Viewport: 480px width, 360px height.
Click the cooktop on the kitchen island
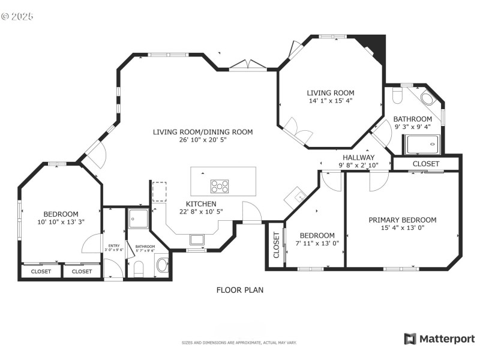pos(219,186)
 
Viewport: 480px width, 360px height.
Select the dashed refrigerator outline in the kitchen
pos(159,191)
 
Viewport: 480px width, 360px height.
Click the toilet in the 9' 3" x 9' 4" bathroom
pos(396,96)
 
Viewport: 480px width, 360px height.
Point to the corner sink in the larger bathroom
pos(428,98)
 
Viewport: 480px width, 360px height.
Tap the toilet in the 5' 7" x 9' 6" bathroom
pos(139,269)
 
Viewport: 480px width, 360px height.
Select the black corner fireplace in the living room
pos(376,45)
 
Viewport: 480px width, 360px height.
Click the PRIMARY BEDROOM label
pos(402,220)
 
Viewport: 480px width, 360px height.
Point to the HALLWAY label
pos(358,158)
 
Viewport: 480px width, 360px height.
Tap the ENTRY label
pos(114,246)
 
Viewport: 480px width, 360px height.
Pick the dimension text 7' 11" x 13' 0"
pos(317,244)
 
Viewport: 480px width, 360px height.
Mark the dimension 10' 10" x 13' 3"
pos(61,223)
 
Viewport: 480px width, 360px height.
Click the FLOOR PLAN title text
pos(239,290)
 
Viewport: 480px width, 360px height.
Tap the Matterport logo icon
pos(410,339)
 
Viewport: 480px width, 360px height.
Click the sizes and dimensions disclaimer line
pos(239,343)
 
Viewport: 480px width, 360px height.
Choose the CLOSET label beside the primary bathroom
pos(426,164)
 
